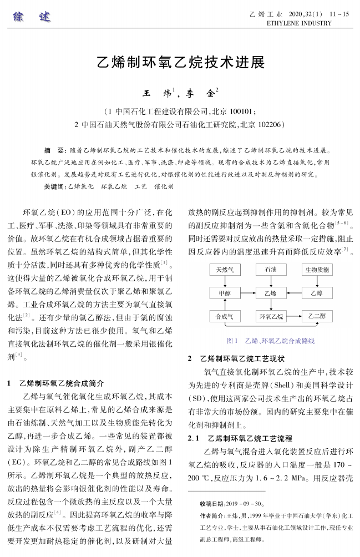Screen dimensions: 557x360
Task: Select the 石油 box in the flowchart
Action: pyautogui.click(x=270, y=270)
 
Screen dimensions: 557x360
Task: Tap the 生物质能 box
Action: pyautogui.click(x=317, y=270)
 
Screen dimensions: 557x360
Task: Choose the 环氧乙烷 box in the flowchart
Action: pyautogui.click(x=271, y=316)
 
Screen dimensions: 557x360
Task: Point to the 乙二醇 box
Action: pyautogui.click(x=317, y=316)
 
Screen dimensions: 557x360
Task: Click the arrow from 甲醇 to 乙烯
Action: pyautogui.click(x=248, y=293)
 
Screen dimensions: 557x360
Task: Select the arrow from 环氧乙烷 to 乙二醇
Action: pyautogui.click(x=294, y=316)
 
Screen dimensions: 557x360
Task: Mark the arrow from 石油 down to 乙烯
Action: pyautogui.click(x=270, y=281)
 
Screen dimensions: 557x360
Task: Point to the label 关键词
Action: pyautogui.click(x=54, y=187)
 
